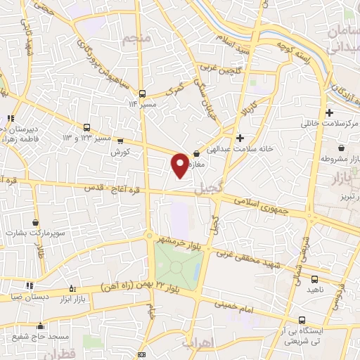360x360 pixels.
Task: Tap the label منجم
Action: tap(136, 39)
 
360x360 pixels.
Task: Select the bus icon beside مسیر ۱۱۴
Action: tap(142, 94)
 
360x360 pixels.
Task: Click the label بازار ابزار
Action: tap(89, 300)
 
